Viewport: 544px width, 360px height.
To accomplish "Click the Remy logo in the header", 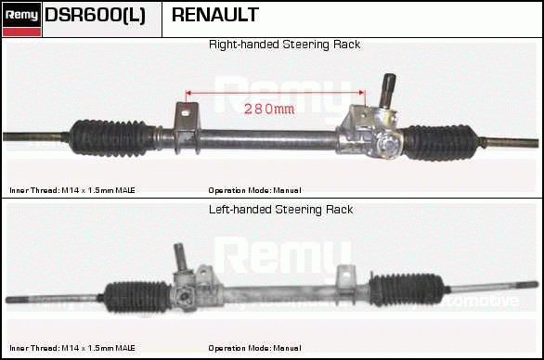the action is (x=21, y=19).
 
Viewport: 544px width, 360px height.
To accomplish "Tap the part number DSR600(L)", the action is (x=95, y=15).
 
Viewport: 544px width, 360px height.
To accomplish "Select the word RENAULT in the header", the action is (x=215, y=15).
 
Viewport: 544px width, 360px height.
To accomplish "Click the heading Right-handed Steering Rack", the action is (x=284, y=45).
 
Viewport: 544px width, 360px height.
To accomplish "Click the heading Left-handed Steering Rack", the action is (x=280, y=210).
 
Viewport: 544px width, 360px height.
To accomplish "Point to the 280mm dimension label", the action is (x=269, y=109).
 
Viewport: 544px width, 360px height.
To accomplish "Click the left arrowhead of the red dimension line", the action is (x=188, y=93).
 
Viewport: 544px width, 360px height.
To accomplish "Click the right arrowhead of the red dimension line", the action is (x=362, y=93).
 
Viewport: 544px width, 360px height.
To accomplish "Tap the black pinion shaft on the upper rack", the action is (x=387, y=89).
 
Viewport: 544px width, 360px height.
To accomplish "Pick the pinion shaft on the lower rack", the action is (x=181, y=256).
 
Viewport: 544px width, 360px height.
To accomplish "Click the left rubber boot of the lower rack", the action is (x=137, y=297).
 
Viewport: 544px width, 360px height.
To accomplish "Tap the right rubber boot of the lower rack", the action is (x=406, y=289).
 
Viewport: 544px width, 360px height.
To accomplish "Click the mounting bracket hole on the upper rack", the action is (x=186, y=112).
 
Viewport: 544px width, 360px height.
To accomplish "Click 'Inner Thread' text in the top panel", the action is (x=34, y=190).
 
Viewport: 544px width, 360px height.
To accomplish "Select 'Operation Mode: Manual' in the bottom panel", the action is (x=254, y=348).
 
